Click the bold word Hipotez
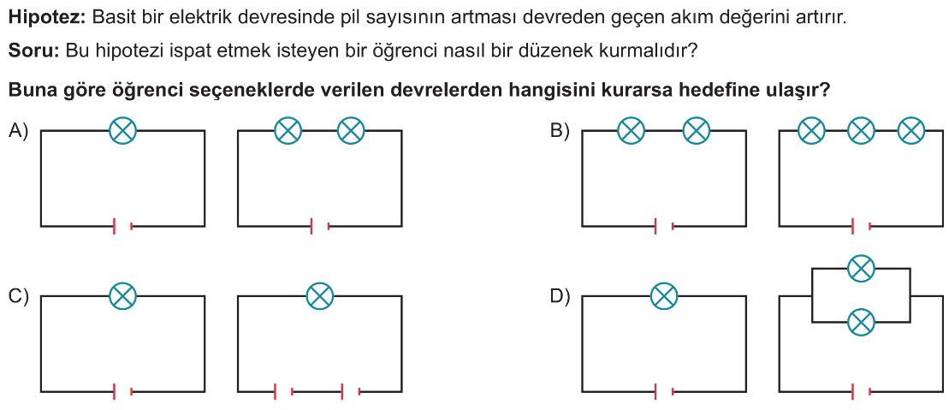(45, 18)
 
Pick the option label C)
(19, 296)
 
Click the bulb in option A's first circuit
(123, 130)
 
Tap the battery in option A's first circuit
(123, 227)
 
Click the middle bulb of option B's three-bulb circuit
(861, 130)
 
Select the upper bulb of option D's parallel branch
(861, 268)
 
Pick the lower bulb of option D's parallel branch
(861, 322)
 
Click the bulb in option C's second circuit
(320, 296)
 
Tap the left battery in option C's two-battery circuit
(284, 392)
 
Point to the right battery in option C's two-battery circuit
(351, 392)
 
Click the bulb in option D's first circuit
(664, 296)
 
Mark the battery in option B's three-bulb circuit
(861, 227)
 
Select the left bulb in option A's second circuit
(288, 130)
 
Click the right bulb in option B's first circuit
(696, 130)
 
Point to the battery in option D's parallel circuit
(861, 392)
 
